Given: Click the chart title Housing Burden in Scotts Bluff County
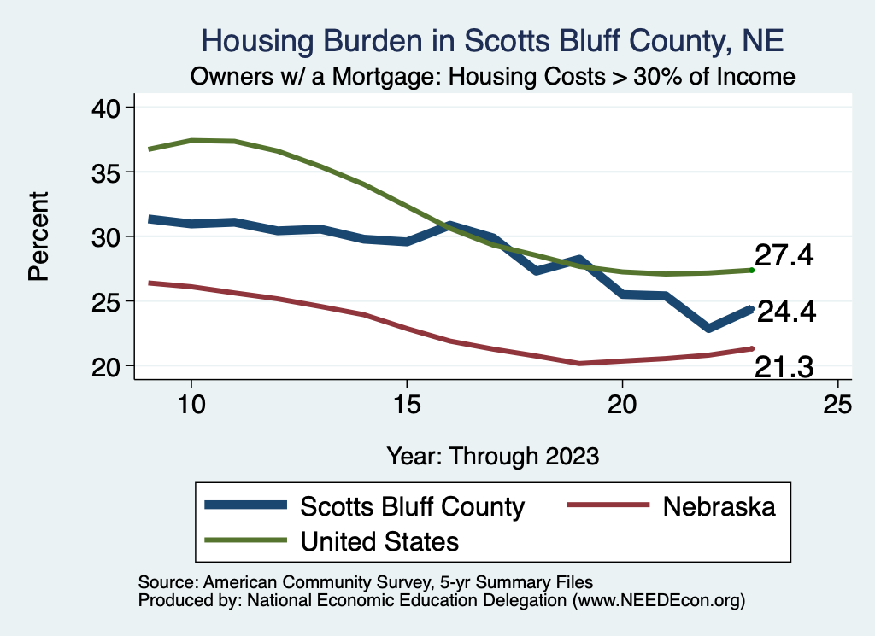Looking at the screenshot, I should coord(491,40).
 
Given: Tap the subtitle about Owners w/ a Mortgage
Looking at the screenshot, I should coord(493,76).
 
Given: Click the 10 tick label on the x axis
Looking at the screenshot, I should coord(191,404).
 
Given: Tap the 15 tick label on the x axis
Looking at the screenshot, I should coord(407,404).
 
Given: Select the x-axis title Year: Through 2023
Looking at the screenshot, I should coord(492,455).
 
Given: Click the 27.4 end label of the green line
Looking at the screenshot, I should coord(783,255).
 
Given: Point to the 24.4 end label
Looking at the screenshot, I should coord(786,312).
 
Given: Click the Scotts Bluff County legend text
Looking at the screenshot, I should coord(412,506).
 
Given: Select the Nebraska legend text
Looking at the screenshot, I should coord(719,506).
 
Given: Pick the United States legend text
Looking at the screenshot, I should coord(379,540).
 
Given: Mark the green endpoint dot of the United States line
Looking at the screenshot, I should coord(751,270).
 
